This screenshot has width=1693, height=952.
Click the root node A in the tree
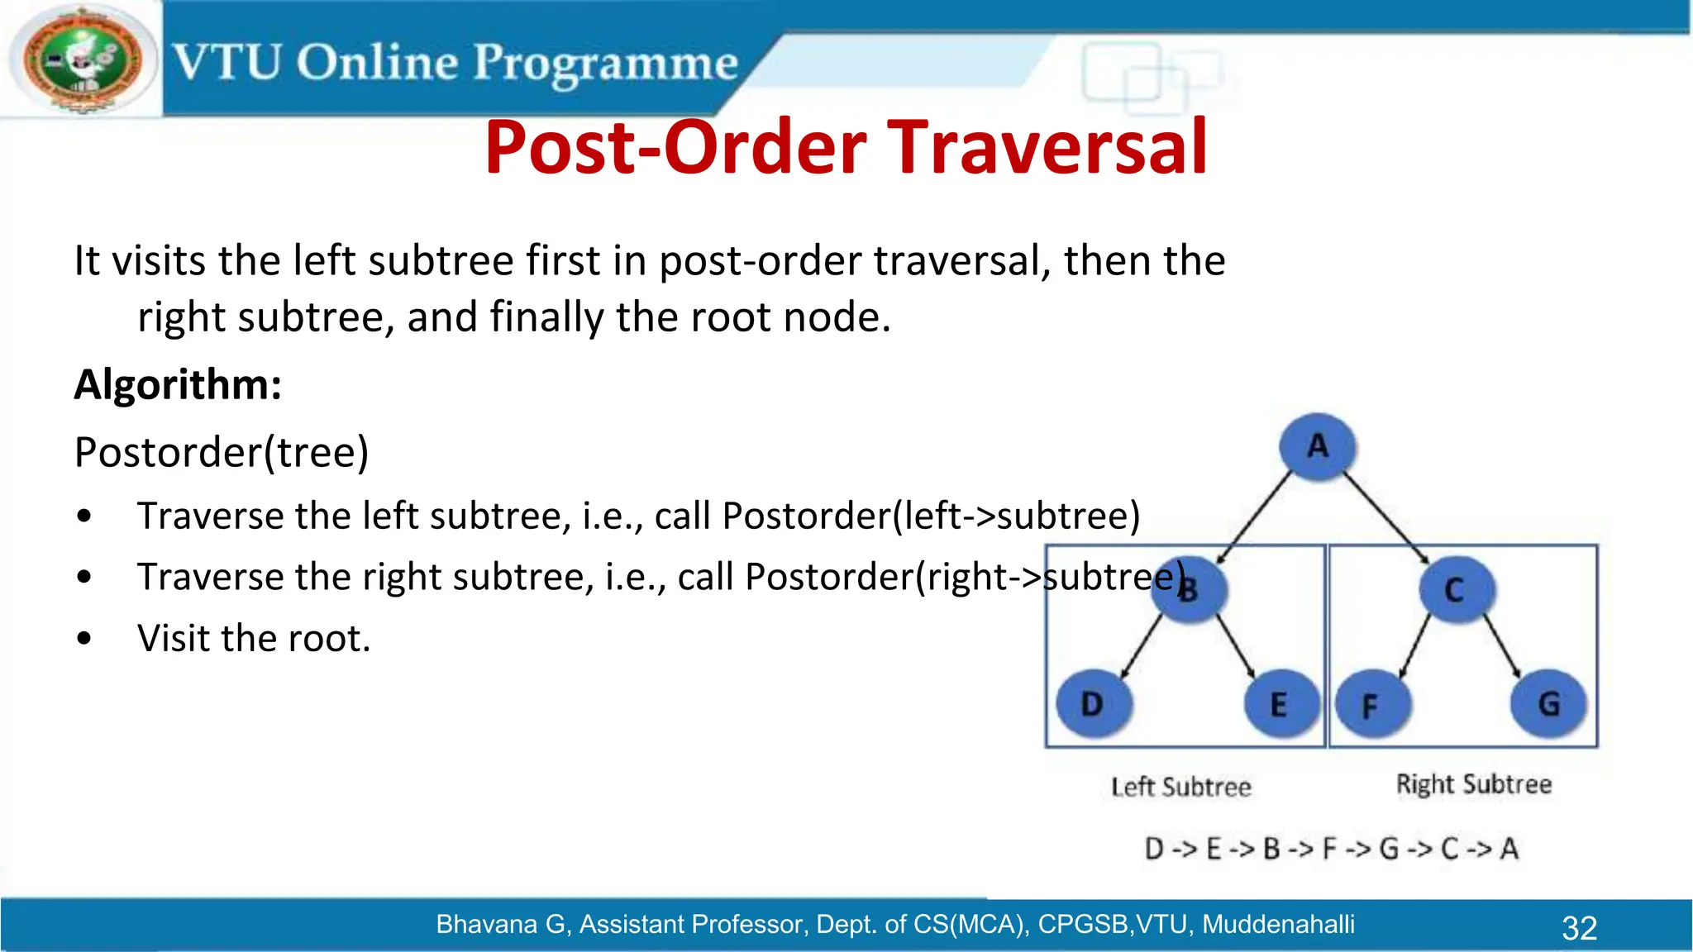(x=1317, y=447)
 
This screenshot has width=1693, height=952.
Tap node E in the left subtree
(x=1279, y=705)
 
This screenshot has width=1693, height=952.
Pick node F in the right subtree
(x=1370, y=706)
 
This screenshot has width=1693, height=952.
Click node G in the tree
(x=1548, y=704)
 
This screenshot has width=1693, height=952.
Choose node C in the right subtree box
(x=1455, y=590)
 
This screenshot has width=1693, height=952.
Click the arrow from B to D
(x=1141, y=648)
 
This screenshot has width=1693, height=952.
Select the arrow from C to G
(x=1503, y=648)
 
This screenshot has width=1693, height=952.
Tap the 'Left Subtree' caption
(x=1180, y=787)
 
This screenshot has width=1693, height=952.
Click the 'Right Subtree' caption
(x=1473, y=784)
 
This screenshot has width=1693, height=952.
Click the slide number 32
(x=1579, y=928)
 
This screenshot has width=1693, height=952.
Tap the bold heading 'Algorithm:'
(x=178, y=385)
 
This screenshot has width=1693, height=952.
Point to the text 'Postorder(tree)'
(x=222, y=453)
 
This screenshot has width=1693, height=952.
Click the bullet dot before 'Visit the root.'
(x=83, y=639)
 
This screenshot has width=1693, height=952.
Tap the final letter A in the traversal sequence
(x=1509, y=849)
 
